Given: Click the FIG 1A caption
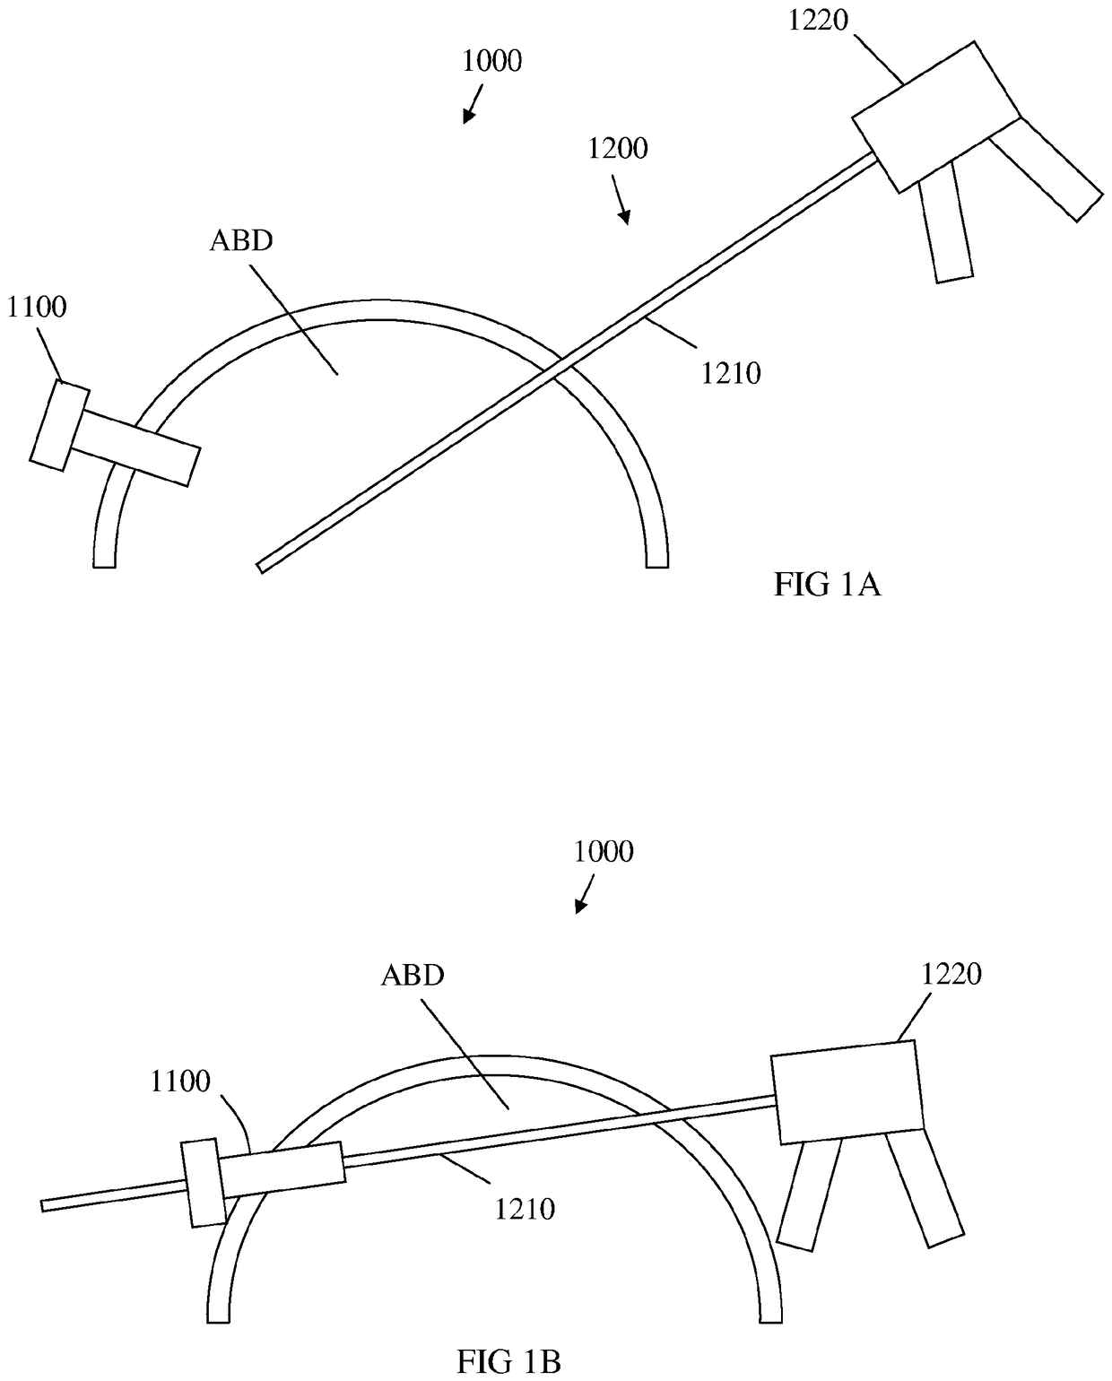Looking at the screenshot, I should (x=827, y=585).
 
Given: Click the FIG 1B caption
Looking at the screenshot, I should (x=508, y=1362).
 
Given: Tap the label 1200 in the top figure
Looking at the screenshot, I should (x=618, y=148).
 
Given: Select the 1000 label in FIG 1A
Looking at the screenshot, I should (x=491, y=61).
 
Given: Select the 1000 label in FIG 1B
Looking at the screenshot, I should (x=604, y=851).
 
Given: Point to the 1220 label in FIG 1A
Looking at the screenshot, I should (x=818, y=20).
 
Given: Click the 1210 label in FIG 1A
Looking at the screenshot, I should (x=731, y=372).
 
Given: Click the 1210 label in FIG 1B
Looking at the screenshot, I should (x=526, y=1209).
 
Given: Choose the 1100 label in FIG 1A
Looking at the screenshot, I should (x=37, y=307).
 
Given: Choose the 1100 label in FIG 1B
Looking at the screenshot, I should (x=180, y=1081).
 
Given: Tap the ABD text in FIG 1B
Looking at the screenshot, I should (x=413, y=975).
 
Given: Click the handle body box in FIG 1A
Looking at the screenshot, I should (x=935, y=117).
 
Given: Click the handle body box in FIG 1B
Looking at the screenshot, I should (x=847, y=1091).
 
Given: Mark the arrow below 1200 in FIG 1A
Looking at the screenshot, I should (x=620, y=202).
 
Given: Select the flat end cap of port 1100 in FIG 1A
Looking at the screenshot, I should (x=59, y=424).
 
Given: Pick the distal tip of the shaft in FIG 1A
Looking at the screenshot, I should (x=260, y=567).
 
